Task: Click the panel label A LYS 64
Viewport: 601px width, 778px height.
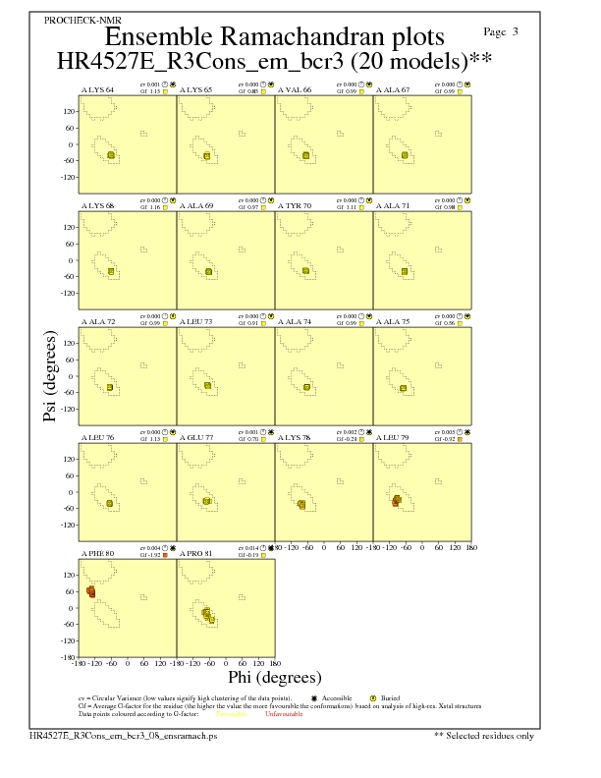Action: tap(97, 90)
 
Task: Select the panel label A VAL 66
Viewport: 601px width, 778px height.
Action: tap(295, 90)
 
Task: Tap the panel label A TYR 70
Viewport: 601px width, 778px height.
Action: tap(295, 206)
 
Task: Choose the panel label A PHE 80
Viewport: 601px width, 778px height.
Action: tap(97, 554)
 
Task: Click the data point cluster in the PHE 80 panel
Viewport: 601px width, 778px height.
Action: tap(91, 592)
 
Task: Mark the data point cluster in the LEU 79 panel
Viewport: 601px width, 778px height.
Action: tap(397, 501)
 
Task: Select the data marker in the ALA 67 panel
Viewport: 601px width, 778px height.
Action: tap(406, 154)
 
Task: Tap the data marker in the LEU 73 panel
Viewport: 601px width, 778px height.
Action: tap(208, 386)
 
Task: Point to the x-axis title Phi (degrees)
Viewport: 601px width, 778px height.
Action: tap(274, 677)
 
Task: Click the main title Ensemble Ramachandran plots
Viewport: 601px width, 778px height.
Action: tap(275, 37)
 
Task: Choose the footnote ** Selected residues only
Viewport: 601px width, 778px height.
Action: tap(483, 735)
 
